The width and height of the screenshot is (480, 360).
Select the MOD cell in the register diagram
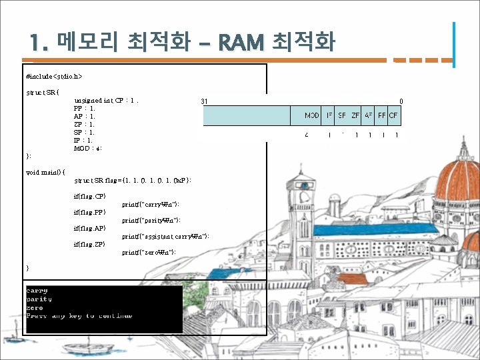[x=312, y=116]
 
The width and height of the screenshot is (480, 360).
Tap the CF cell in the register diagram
[x=393, y=116]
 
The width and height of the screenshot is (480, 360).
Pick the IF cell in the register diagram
[x=329, y=116]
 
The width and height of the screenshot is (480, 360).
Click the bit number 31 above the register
[x=204, y=102]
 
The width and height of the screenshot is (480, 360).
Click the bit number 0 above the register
[x=401, y=102]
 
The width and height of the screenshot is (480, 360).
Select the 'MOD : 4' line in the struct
[x=88, y=148]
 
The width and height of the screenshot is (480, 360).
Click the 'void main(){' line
[x=45, y=172]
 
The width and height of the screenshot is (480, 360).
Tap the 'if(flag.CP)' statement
[x=90, y=196]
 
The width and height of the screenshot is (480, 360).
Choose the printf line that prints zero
[x=149, y=252]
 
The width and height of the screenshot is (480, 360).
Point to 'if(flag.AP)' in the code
[x=90, y=228]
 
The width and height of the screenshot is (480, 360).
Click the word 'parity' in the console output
[x=39, y=299]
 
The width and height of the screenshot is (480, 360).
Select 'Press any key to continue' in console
[x=79, y=315]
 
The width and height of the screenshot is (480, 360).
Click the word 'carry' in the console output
[x=37, y=291]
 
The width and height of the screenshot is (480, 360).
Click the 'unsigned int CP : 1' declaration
[x=107, y=100]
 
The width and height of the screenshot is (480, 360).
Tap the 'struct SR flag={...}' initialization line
[x=133, y=180]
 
